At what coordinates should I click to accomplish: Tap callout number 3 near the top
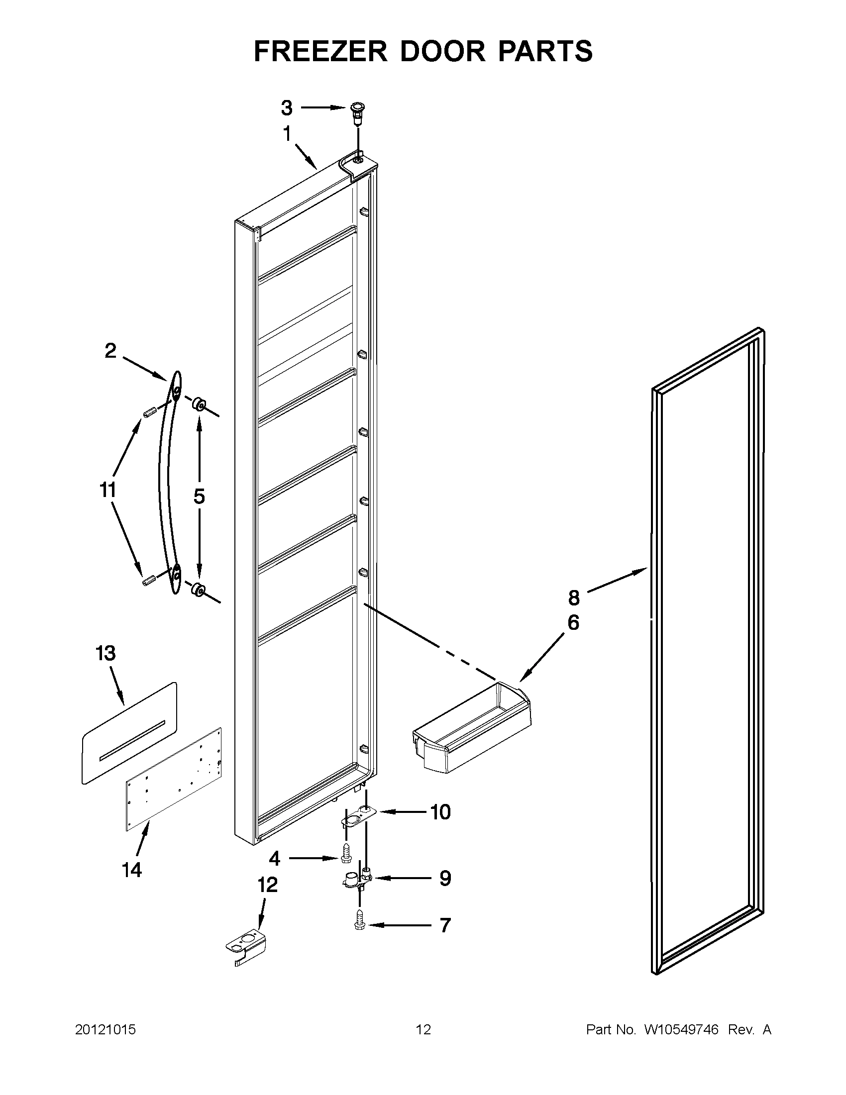click(x=286, y=107)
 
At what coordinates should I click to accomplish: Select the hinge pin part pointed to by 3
click(x=356, y=113)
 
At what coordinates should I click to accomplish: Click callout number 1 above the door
click(x=287, y=134)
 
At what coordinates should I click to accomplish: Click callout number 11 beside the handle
click(x=108, y=490)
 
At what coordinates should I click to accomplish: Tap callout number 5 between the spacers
click(x=199, y=496)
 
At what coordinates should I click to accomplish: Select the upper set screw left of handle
click(x=149, y=411)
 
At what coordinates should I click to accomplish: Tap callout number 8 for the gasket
click(x=574, y=597)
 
